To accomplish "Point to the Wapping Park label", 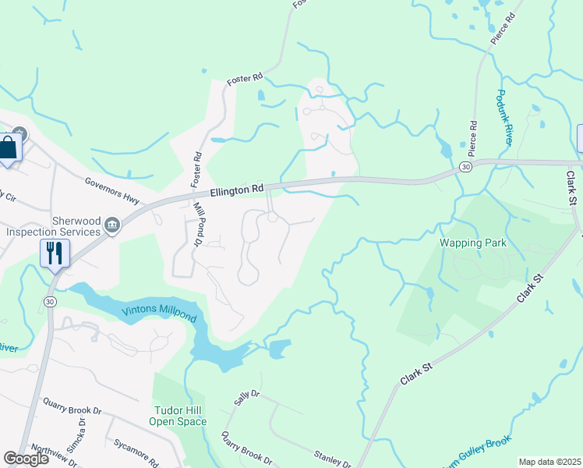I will click(474, 243).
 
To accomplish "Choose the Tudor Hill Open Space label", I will click(178, 416).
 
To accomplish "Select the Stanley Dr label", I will click(332, 458).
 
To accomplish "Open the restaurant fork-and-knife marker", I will click(55, 253).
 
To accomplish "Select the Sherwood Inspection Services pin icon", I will click(112, 226).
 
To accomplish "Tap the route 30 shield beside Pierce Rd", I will click(465, 167).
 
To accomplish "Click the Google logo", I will click(26, 458).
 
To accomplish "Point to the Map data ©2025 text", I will click(549, 462).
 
